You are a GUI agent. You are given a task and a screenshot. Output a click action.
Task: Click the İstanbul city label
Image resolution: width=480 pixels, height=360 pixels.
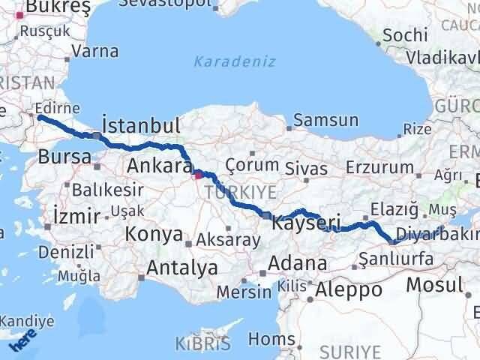click(x=141, y=124)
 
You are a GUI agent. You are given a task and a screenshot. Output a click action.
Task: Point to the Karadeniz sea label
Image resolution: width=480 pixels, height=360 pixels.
click(x=235, y=61)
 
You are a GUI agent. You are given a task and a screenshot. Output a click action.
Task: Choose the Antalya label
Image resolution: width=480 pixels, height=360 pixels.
click(x=182, y=267)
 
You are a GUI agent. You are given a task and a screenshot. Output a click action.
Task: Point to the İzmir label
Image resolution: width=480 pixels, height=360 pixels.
click(x=76, y=217)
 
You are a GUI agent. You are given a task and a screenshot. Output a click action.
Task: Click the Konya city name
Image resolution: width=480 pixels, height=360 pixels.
click(x=154, y=234)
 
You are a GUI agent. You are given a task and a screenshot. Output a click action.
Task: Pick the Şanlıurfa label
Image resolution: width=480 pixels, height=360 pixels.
click(x=391, y=259)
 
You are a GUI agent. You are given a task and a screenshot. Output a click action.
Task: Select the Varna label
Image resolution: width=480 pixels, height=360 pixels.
click(x=96, y=52)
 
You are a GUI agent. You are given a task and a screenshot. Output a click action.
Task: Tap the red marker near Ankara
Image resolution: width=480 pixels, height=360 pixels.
click(x=198, y=176)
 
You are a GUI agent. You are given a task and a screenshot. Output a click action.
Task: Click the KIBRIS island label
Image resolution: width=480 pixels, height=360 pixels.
click(x=202, y=344)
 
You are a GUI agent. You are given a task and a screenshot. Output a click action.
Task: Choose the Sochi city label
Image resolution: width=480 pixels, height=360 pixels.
click(x=405, y=34)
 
